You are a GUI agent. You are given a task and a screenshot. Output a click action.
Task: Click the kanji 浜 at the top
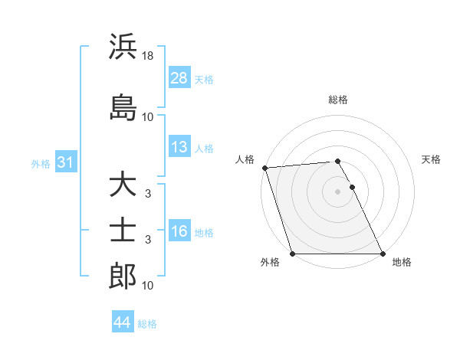123,47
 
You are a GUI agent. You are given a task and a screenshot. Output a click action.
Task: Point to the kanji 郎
123,276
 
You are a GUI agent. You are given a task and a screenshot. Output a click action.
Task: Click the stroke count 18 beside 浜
148,56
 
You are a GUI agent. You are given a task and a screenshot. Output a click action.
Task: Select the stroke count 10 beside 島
148,117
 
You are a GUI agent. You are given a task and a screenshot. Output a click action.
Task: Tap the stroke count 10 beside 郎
148,286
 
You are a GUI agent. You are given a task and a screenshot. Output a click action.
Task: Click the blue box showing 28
179,78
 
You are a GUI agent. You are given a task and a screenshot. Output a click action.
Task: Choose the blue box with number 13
179,147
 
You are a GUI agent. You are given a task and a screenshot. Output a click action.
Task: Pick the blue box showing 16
179,231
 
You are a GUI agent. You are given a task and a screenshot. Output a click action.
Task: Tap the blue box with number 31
65,162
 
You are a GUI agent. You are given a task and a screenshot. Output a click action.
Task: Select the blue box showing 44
122,322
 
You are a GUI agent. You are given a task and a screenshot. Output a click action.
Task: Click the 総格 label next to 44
147,324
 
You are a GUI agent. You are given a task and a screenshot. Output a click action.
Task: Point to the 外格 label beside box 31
41,163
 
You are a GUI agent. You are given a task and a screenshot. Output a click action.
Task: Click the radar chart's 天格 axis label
431,159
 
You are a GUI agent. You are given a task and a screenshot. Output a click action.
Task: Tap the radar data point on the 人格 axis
264,168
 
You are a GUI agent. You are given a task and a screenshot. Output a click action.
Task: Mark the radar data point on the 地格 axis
383,254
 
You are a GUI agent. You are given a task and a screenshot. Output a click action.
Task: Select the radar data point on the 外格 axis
292,254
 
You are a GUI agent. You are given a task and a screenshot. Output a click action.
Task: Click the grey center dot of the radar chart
337,191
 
